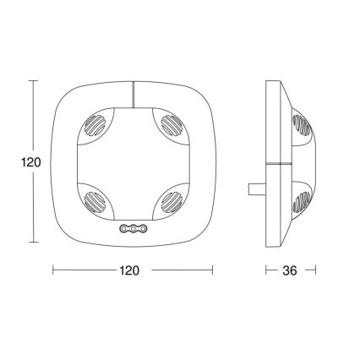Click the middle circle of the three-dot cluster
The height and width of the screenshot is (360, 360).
[x=133, y=229]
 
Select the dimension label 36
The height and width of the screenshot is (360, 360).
[x=290, y=271]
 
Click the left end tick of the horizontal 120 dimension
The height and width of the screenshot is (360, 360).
[x=52, y=270]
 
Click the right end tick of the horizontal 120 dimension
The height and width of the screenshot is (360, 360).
[x=213, y=270]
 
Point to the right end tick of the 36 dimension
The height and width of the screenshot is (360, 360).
[x=314, y=270]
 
